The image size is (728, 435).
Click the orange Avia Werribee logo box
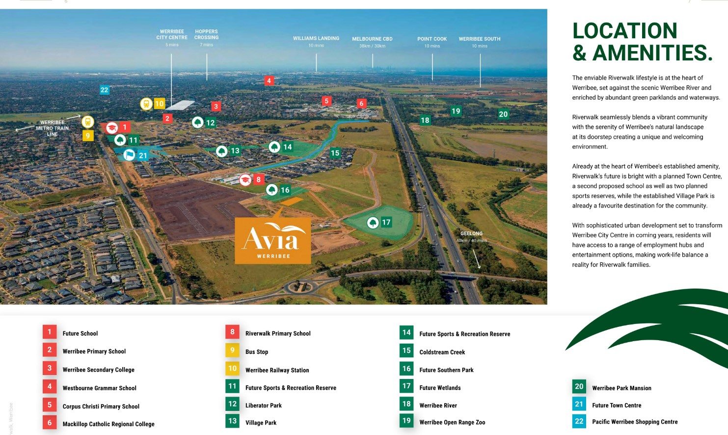[273, 240]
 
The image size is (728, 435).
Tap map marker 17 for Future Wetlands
[386, 223]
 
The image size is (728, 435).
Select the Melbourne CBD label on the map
[372, 39]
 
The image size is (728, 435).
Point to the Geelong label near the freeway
[471, 233]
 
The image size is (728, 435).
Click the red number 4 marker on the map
[269, 81]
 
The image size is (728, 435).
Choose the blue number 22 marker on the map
[104, 90]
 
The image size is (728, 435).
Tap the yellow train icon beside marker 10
[146, 104]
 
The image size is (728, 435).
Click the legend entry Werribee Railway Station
[277, 370]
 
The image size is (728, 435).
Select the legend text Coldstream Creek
[442, 352]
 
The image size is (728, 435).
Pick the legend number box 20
[579, 387]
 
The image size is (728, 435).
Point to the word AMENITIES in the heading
[652, 53]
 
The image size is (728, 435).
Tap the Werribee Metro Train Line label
[52, 128]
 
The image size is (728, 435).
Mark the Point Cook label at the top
[432, 39]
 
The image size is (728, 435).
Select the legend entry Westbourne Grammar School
[99, 388]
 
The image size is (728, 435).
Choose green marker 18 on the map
[425, 120]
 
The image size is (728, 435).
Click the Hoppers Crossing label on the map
[206, 34]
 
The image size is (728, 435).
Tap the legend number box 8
[233, 332]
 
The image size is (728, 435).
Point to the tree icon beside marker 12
[198, 122]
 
